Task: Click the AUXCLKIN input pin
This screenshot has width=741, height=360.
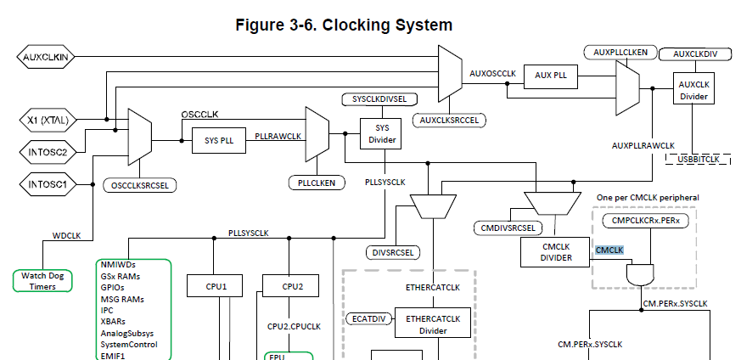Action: [x=46, y=57]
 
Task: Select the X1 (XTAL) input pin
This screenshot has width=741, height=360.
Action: [x=48, y=120]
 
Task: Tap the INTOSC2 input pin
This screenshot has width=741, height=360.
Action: [x=48, y=152]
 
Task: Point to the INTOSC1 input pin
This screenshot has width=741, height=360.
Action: [x=48, y=184]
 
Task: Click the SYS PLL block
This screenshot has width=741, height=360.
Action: [x=219, y=140]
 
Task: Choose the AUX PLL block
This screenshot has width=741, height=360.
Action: [x=551, y=76]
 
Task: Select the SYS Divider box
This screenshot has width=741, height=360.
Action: [x=381, y=133]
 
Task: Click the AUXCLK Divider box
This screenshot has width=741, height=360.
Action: [x=693, y=88]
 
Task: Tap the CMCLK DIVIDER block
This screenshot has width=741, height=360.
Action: [x=556, y=252]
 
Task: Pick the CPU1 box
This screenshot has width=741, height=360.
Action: [x=216, y=286]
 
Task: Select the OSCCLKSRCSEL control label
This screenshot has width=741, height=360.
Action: [x=140, y=186]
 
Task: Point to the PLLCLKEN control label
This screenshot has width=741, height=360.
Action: [x=317, y=183]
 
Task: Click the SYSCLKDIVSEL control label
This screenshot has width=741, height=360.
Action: [x=380, y=99]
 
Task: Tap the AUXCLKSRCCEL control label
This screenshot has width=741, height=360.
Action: [x=449, y=121]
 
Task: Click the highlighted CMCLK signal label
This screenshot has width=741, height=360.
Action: [x=609, y=250]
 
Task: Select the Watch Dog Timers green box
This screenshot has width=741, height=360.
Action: [x=42, y=281]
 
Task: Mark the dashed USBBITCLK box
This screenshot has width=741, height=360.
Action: [x=698, y=160]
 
